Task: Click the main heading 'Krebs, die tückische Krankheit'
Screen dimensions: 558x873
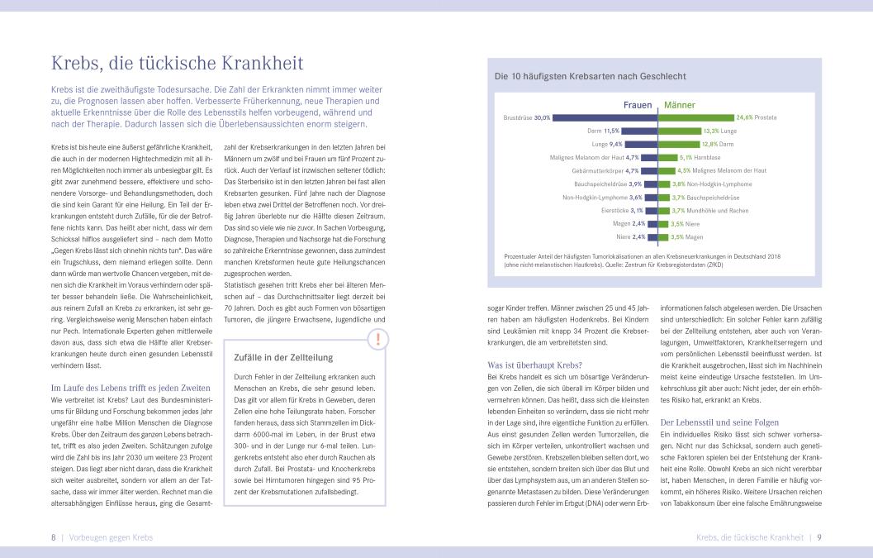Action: click(178, 64)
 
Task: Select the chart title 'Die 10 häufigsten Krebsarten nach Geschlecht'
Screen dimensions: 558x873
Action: click(590, 76)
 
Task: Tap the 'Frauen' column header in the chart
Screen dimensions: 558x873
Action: click(637, 106)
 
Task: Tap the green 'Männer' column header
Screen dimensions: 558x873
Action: click(680, 106)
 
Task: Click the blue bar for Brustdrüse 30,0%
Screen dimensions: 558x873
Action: click(605, 117)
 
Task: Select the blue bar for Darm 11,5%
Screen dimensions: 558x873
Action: click(638, 131)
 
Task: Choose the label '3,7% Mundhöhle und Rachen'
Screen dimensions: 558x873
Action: click(710, 210)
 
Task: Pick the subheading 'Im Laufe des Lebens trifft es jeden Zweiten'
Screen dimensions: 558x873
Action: click(130, 388)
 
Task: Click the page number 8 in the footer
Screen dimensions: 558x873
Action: click(54, 537)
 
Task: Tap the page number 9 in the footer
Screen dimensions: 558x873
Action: click(818, 537)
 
